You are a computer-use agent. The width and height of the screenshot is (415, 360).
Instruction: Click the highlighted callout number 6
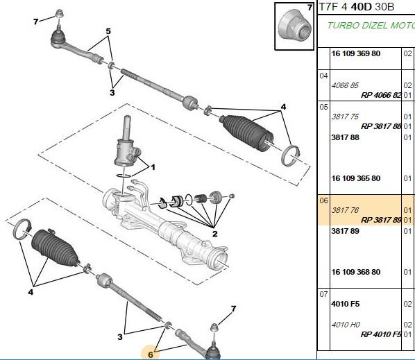(151, 354)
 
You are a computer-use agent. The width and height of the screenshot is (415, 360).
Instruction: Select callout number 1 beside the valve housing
(153, 167)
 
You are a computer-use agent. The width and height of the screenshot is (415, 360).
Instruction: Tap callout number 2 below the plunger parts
(215, 234)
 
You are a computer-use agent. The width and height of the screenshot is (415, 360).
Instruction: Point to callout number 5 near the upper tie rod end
(108, 31)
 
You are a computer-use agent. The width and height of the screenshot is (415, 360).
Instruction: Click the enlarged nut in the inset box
(294, 26)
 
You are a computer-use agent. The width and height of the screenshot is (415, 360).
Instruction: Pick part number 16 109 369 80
(356, 53)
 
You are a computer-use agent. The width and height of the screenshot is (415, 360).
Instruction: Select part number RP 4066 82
(381, 95)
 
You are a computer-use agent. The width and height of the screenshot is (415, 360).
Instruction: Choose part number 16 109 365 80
(356, 178)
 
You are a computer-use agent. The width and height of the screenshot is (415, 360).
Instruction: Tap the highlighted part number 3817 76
(345, 210)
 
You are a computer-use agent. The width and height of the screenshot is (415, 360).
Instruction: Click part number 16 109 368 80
(356, 272)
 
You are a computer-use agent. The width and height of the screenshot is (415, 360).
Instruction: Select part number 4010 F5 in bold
(346, 304)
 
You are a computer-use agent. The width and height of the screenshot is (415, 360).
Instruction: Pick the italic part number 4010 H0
(346, 325)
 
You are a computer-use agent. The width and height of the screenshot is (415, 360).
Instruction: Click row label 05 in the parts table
(323, 107)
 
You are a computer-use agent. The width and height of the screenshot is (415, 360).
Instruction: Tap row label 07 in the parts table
(323, 294)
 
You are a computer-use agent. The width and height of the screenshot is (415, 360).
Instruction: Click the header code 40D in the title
(362, 7)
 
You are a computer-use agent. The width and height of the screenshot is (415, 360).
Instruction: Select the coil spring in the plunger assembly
(201, 198)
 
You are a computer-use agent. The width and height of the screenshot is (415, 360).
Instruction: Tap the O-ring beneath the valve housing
(124, 175)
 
